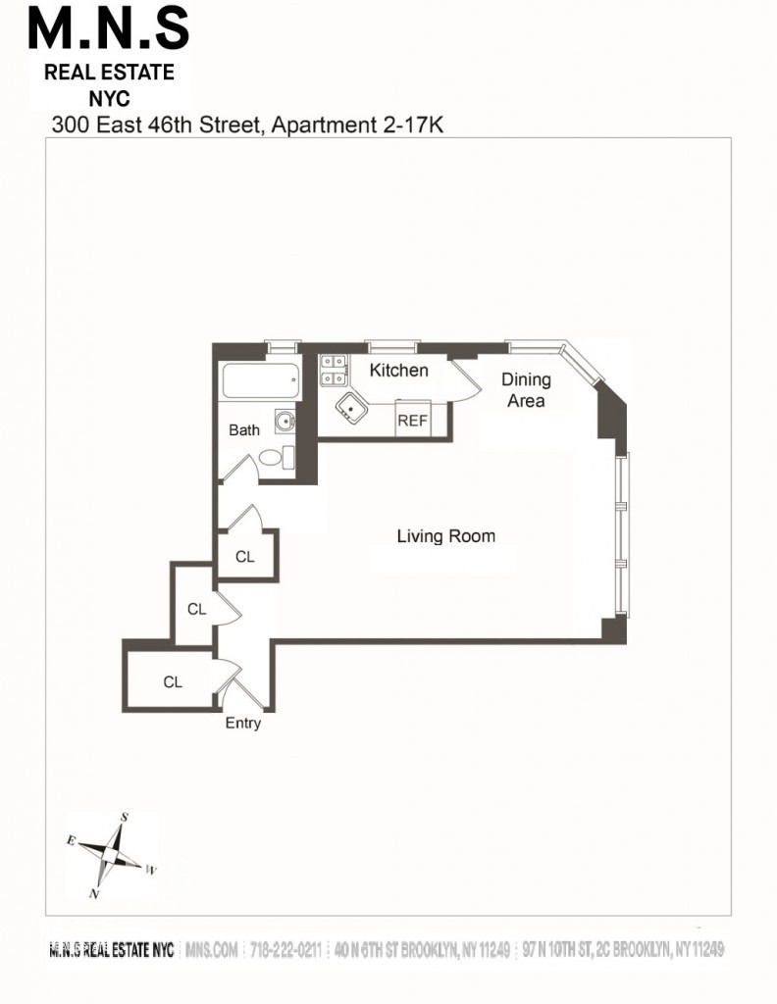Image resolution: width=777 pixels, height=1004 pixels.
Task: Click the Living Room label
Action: click(445, 536)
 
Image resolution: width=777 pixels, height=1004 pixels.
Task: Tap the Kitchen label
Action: click(398, 370)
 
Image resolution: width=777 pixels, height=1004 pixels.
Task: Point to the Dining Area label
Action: click(526, 390)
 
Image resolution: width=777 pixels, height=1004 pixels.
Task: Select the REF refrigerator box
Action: click(412, 420)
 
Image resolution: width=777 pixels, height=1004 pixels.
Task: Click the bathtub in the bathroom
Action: click(260, 381)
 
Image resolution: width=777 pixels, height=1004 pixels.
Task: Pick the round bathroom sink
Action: click(285, 421)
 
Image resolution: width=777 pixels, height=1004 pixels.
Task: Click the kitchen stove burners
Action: click(334, 370)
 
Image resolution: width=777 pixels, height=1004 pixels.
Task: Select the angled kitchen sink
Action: click(351, 407)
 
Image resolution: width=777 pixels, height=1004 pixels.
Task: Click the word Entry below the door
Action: click(242, 723)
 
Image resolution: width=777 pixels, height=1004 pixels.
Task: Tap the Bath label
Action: click(244, 429)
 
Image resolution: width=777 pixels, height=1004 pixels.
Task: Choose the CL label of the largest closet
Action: click(173, 682)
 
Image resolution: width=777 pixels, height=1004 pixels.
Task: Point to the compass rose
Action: click(112, 855)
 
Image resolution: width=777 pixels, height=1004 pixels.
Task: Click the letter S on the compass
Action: click(125, 817)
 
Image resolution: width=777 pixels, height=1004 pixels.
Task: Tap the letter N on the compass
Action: click(94, 894)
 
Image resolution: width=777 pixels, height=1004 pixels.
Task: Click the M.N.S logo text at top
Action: click(108, 29)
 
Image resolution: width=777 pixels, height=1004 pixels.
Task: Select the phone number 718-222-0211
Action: click(285, 949)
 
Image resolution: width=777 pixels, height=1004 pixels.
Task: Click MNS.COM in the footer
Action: click(211, 949)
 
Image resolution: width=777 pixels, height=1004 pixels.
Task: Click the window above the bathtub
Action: click(284, 347)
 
